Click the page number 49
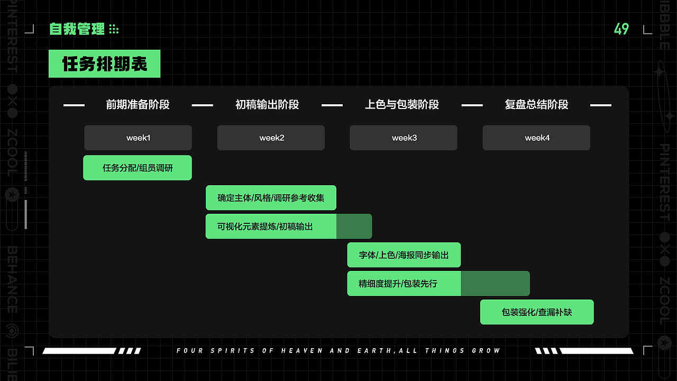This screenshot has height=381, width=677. tap(621, 29)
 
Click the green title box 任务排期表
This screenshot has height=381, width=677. tap(104, 64)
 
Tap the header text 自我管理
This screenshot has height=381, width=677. tap(77, 29)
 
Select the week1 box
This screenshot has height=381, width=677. tap(138, 138)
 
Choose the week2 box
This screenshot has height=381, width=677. tap(271, 138)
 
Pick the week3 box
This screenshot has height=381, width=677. tap(404, 138)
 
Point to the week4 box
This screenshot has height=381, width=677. tap(536, 138)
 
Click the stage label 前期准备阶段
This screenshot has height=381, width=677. tap(138, 105)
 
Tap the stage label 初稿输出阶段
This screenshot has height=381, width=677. tap(267, 105)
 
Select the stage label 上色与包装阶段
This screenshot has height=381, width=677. tap(402, 105)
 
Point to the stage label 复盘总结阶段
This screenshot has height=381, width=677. tap(536, 105)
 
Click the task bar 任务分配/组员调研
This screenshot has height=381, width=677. tap(138, 168)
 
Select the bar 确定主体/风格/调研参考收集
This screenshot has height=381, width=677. tap(271, 198)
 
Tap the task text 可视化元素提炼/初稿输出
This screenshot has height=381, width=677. tap(265, 226)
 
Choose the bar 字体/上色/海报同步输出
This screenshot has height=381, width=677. tap(404, 255)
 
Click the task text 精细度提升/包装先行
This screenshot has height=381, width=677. tap(398, 284)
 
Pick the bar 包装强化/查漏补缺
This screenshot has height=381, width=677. tap(537, 312)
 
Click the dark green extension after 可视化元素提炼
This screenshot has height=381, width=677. tap(354, 226)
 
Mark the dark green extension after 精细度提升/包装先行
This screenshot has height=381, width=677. tap(495, 284)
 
